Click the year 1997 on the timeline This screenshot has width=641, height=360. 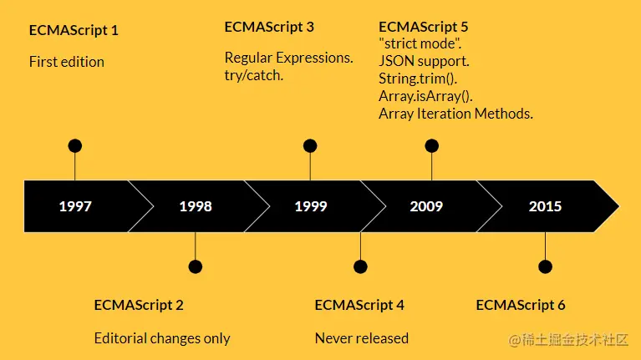click(75, 206)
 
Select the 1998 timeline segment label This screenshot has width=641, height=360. click(196, 206)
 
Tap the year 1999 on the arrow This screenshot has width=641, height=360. click(311, 206)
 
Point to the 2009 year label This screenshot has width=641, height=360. click(426, 206)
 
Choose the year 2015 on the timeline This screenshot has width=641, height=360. click(546, 206)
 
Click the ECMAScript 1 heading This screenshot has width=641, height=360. click(74, 30)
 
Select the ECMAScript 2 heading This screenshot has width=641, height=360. click(139, 305)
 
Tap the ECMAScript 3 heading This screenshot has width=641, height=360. click(269, 27)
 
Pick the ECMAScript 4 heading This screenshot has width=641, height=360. click(359, 305)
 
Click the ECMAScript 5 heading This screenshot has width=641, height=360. click(423, 27)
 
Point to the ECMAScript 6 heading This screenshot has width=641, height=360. click(521, 305)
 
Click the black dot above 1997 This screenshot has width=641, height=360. click(75, 146)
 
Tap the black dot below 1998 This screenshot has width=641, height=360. click(196, 266)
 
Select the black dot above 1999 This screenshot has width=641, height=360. click(310, 146)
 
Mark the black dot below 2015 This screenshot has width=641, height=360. click(546, 266)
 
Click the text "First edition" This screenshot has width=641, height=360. click(67, 62)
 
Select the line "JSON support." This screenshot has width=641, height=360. click(424, 61)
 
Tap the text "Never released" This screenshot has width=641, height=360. click(362, 338)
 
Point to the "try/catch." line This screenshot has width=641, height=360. click(254, 75)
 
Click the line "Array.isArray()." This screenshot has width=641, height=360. click(425, 96)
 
